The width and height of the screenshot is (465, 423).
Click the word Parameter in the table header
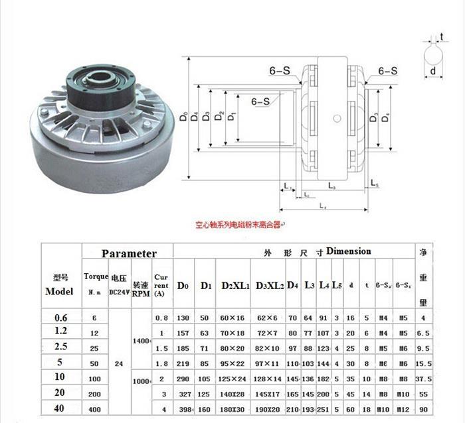129,253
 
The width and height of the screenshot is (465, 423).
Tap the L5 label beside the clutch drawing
374,182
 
